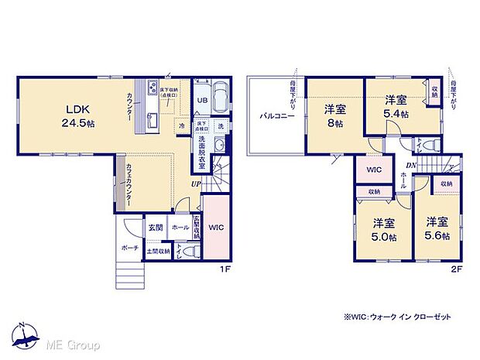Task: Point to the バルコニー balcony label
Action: point(275,116)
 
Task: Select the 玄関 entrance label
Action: point(154,228)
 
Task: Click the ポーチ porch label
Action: point(129,248)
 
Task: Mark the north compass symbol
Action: point(25,336)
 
